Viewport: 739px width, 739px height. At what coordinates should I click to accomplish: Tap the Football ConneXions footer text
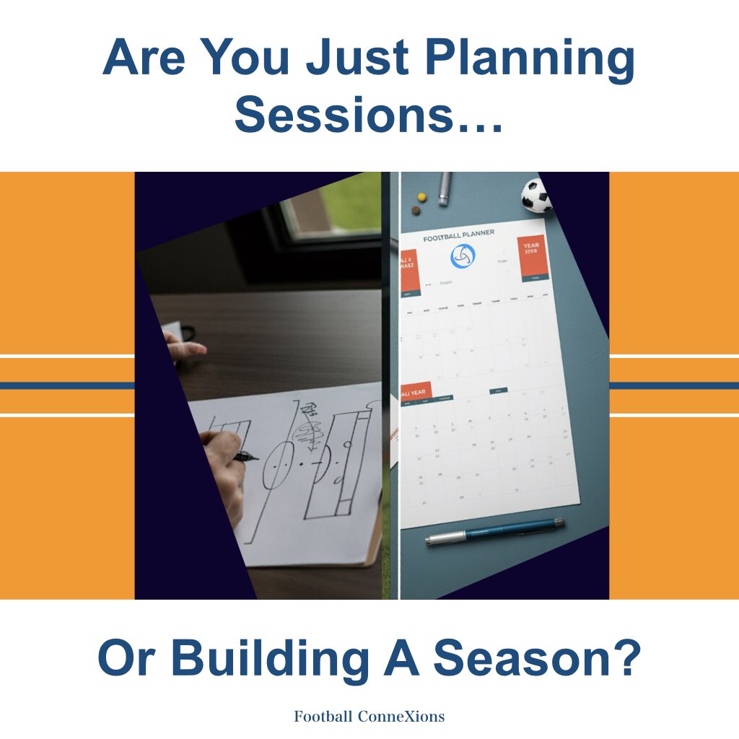click(x=369, y=717)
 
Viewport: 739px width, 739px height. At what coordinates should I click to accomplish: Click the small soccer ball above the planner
click(x=535, y=195)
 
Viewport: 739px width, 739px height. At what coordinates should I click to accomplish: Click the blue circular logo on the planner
click(x=463, y=256)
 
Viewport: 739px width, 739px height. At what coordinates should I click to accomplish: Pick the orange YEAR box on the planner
click(x=533, y=258)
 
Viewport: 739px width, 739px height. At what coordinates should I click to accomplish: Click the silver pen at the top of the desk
click(x=445, y=188)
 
